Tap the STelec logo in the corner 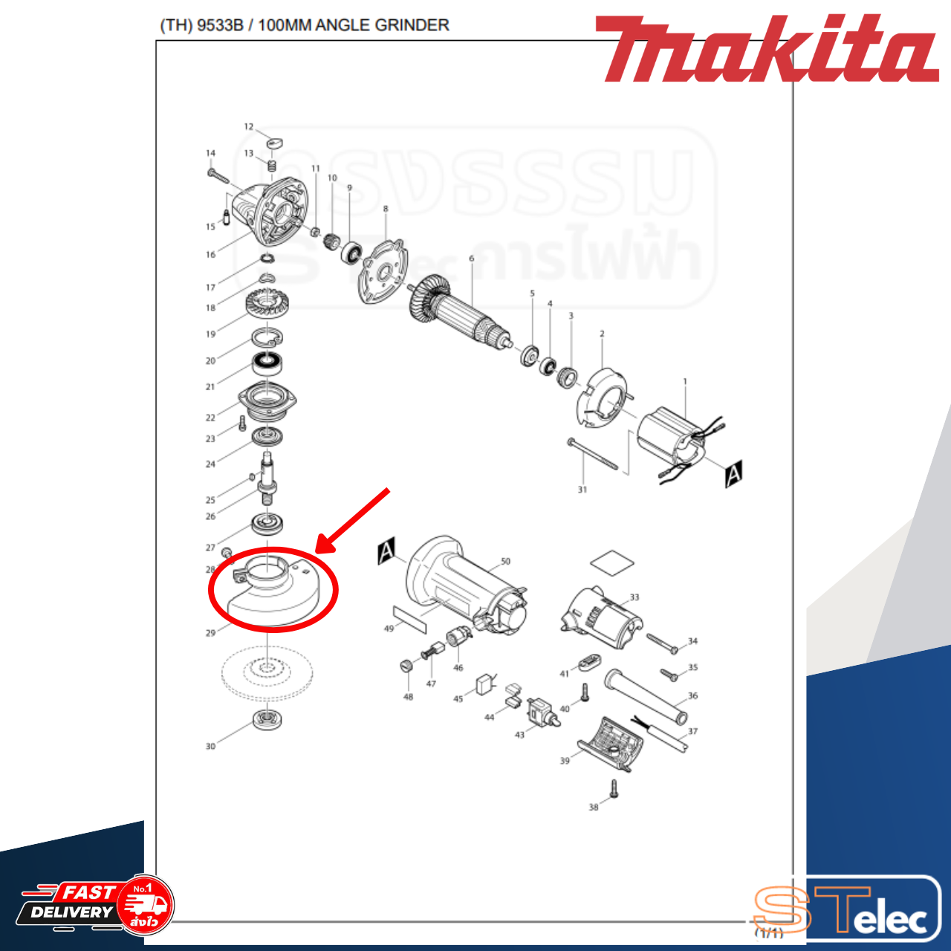click(847, 911)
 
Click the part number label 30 click(210, 746)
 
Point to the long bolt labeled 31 click(592, 454)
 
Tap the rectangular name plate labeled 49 click(412, 617)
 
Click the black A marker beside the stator click(733, 473)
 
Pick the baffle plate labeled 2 click(603, 397)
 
